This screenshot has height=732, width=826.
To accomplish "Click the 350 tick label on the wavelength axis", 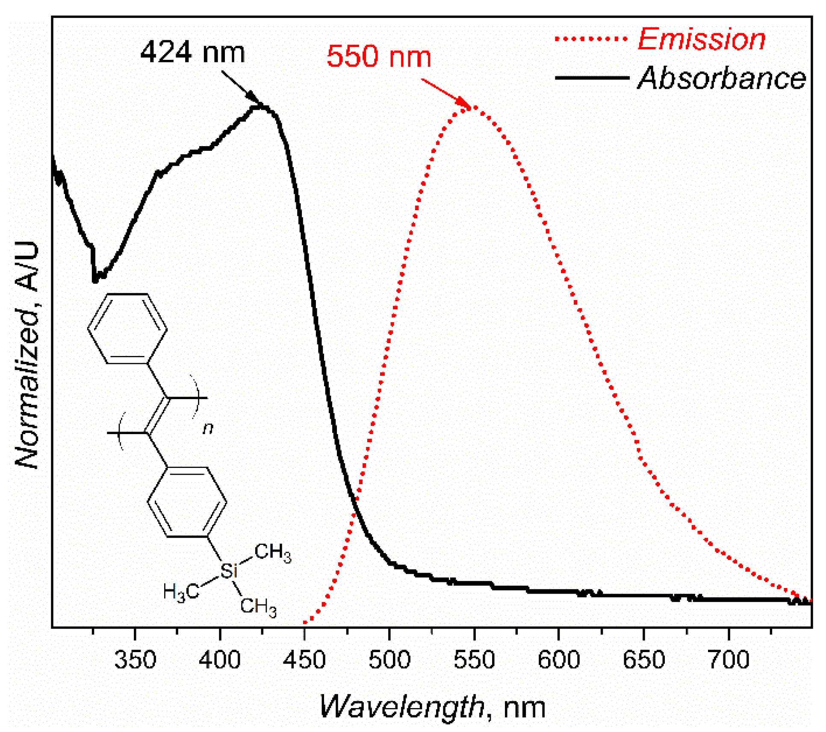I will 135,659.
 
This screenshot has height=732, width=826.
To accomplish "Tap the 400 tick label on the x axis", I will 220,659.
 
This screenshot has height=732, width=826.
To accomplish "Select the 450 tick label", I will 304,659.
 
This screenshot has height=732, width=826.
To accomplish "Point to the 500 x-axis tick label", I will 389,659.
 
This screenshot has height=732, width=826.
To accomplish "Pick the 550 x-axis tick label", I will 474,659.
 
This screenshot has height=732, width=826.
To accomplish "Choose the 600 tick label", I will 559,659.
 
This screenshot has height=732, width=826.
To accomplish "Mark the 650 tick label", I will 644,659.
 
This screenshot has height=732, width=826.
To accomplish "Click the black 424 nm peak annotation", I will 193,53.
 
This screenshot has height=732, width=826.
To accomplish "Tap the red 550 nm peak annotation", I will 379,56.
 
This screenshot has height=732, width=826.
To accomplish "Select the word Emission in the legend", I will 702,39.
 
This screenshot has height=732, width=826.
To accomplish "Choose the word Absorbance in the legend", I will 722,78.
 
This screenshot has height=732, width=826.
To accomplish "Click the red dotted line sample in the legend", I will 592,39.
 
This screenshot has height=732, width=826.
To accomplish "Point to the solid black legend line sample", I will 592,78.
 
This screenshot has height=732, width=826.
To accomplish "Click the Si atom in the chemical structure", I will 229,571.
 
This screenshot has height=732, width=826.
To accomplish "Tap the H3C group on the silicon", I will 181,592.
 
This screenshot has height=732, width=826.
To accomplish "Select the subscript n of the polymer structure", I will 208,428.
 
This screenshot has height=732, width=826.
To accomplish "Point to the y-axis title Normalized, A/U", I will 27,355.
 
